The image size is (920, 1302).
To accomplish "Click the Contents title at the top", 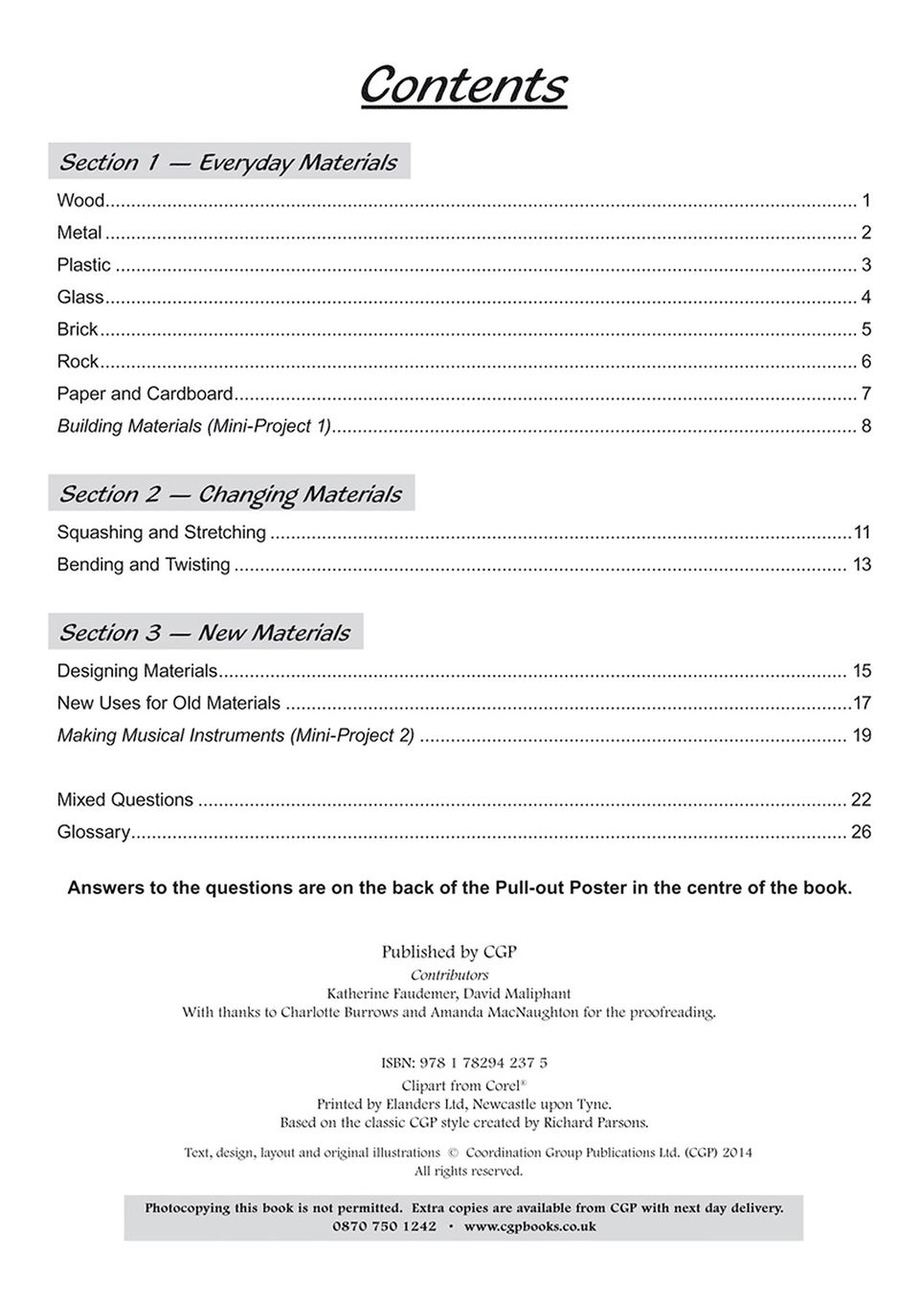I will pyautogui.click(x=463, y=85).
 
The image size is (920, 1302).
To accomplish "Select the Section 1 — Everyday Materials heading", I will pyautogui.click(x=228, y=162).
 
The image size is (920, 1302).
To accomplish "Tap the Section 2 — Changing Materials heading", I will pyautogui.click(x=230, y=494).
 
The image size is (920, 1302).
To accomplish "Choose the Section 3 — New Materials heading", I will pyautogui.click(x=205, y=633).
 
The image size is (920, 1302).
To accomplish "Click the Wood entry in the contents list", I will pyautogui.click(x=80, y=201).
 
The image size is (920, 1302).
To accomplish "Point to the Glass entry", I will pyautogui.click(x=80, y=298).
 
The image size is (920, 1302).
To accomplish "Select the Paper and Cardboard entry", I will pyautogui.click(x=146, y=393).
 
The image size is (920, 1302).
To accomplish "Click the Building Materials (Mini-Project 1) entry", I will pyautogui.click(x=194, y=426).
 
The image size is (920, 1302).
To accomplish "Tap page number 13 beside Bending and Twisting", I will pyautogui.click(x=862, y=565).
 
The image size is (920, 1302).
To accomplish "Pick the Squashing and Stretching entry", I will pyautogui.click(x=162, y=532).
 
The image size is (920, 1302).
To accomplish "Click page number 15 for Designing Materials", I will pyautogui.click(x=862, y=671).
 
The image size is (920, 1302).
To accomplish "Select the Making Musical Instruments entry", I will pyautogui.click(x=236, y=735).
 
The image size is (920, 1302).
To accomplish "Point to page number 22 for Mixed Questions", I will pyautogui.click(x=861, y=799).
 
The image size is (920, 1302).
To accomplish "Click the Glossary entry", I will pyautogui.click(x=94, y=832).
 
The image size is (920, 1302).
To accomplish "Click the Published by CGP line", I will pyautogui.click(x=449, y=952).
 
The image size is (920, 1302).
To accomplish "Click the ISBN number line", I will pyautogui.click(x=464, y=1063).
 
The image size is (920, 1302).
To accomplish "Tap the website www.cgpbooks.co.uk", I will pyautogui.click(x=529, y=1226).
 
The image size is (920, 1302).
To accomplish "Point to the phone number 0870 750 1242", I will pyautogui.click(x=384, y=1226).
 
